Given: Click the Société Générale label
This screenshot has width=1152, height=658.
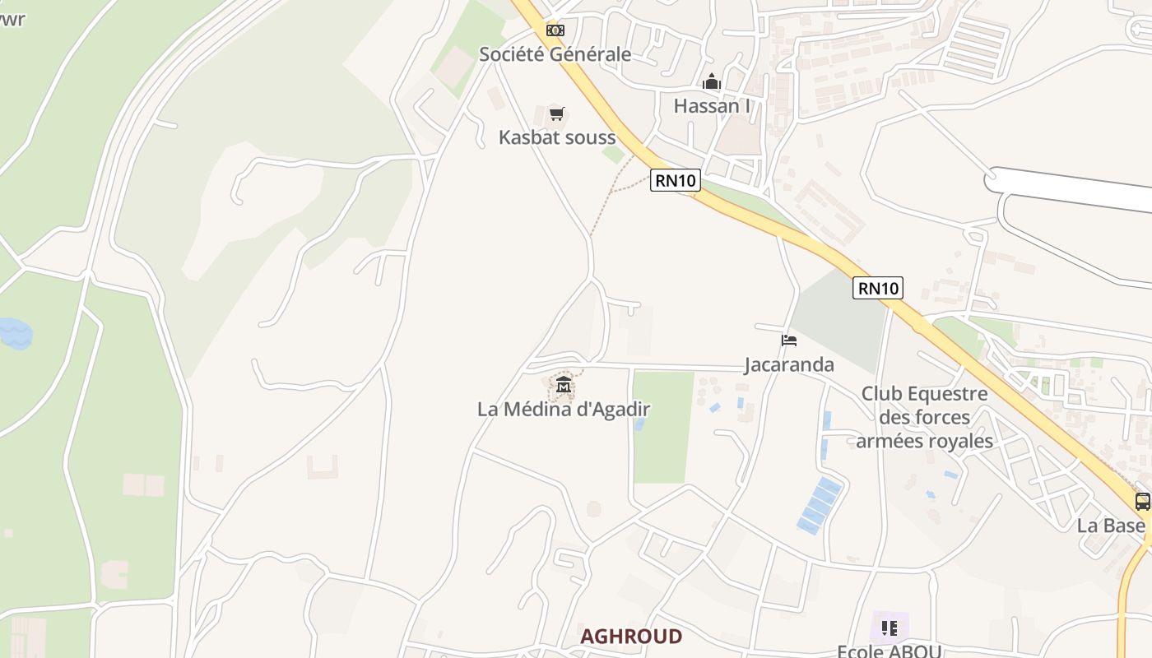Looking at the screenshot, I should tap(555, 54).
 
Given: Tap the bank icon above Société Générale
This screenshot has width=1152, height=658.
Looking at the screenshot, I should tap(555, 30).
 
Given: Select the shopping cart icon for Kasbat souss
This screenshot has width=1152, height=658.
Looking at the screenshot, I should tap(557, 114).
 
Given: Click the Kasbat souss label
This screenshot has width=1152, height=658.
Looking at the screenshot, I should tap(557, 137).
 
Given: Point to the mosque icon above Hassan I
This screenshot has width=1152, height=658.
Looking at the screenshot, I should tap(712, 82).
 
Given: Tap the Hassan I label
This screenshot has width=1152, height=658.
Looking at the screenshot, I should tap(712, 106).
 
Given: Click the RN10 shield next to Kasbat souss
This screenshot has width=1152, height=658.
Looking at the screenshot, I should tap(675, 180).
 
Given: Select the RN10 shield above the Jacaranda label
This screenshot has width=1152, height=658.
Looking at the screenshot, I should tap(878, 288).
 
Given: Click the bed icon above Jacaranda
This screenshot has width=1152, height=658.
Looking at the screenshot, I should tap(789, 341).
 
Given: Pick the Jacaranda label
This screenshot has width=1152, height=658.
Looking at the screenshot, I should tap(789, 364).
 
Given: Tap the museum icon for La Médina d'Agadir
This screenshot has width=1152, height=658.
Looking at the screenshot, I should tap(564, 384).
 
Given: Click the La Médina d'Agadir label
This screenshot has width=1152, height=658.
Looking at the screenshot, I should tap(564, 409).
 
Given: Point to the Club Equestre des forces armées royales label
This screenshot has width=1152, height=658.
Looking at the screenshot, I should tap(925, 417).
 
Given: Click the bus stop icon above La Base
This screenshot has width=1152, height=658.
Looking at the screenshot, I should tap(1142, 501).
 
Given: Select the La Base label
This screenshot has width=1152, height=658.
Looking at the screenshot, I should tap(1111, 526).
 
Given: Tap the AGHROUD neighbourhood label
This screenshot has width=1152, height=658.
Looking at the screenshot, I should tap(631, 637).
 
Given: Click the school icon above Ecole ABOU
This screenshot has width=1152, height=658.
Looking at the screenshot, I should tap(889, 628).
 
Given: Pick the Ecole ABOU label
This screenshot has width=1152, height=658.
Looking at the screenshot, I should tap(889, 651).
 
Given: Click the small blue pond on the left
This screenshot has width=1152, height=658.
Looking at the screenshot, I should tap(15, 333).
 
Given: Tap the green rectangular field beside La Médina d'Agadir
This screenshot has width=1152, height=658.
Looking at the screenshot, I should tap(662, 426).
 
